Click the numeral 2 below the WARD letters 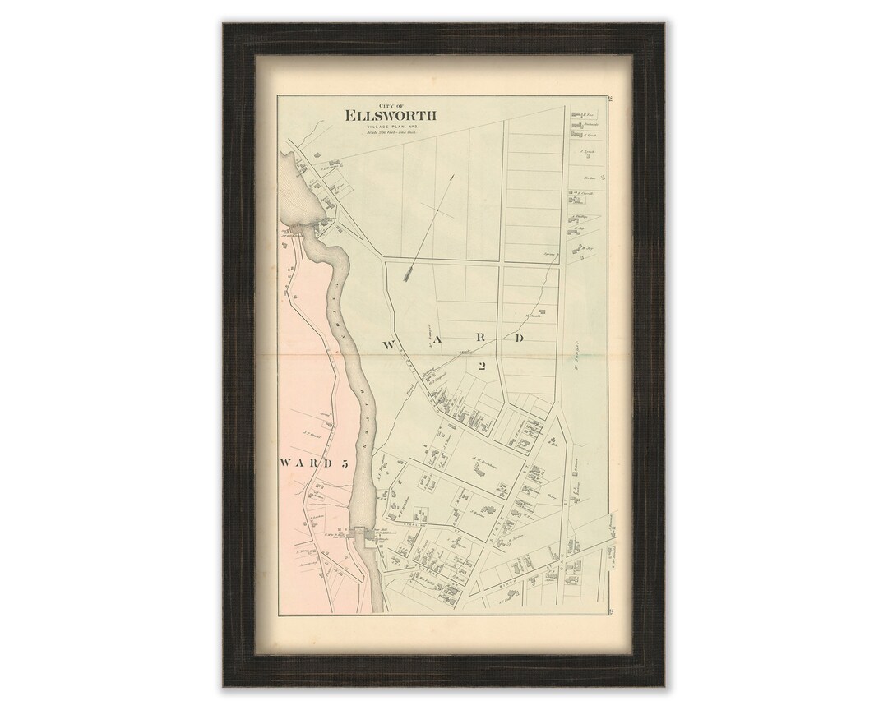pyautogui.click(x=483, y=367)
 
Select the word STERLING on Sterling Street pyautogui.click(x=414, y=523)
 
